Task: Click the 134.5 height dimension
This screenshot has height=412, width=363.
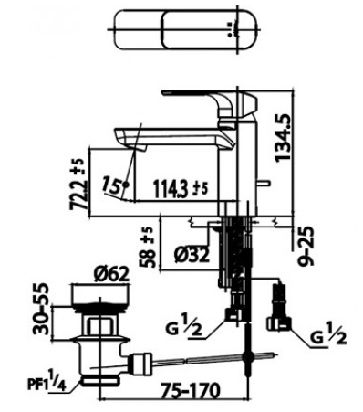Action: point(282,137)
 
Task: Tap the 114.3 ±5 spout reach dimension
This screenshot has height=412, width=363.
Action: point(181,187)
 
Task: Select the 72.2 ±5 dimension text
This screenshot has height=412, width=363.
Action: point(78,184)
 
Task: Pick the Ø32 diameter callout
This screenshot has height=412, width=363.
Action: point(192,255)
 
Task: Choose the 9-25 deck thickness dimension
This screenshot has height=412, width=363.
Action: point(306,247)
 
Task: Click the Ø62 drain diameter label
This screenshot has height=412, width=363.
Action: point(111,275)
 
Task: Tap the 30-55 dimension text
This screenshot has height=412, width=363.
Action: point(41,309)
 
